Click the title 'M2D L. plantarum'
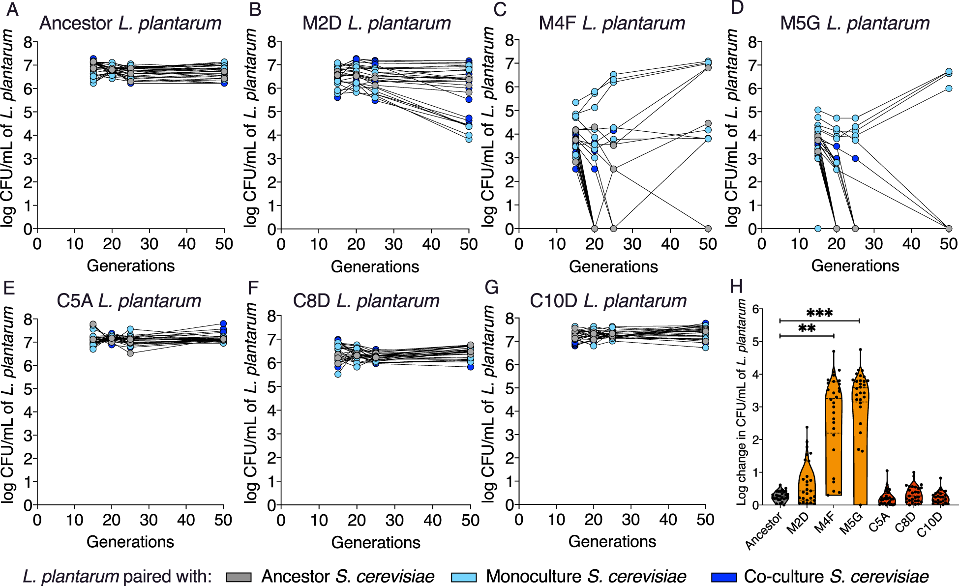(376, 23)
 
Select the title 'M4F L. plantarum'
(612, 23)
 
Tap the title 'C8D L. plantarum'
(366, 301)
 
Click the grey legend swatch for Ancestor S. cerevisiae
(239, 577)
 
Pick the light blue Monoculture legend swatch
(463, 577)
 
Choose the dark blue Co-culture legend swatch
(723, 577)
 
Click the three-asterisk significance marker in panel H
(819, 313)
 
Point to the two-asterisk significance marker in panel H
(807, 328)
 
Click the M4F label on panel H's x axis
(825, 522)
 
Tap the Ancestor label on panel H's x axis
(764, 531)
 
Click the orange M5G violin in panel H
(860, 442)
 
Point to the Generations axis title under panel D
(855, 266)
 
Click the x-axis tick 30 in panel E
(149, 520)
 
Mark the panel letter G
(491, 287)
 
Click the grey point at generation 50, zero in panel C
(708, 229)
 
